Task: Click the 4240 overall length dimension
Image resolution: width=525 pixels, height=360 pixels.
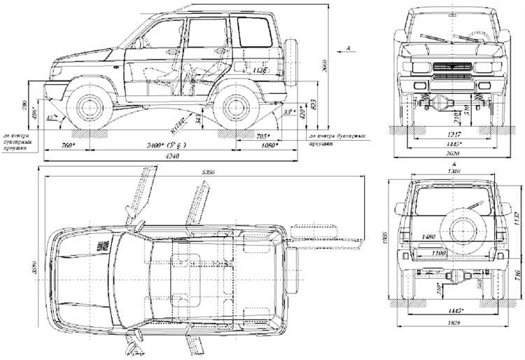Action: [x=172, y=157]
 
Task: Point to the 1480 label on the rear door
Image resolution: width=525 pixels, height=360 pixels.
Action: [x=428, y=237]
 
